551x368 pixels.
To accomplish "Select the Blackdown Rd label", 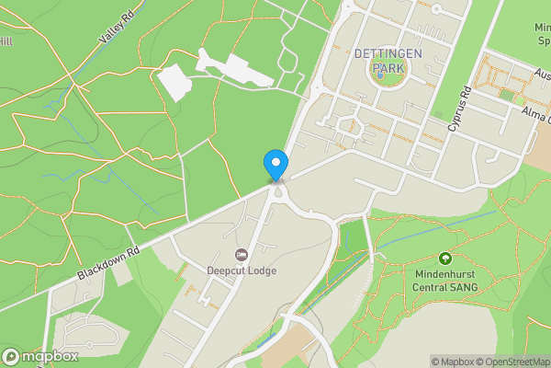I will tap(107, 263).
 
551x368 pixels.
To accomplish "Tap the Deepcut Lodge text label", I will tap(242, 270).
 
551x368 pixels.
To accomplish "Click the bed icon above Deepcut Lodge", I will tap(242, 254).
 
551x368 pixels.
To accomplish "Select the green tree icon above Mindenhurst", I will tap(445, 259).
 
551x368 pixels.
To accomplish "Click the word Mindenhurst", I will tap(445, 273).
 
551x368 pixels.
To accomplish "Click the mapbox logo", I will tap(40, 356).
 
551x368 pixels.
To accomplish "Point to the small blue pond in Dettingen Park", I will tap(379, 75).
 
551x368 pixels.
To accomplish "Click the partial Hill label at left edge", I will tap(6, 41).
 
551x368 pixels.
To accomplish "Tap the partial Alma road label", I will tap(534, 111).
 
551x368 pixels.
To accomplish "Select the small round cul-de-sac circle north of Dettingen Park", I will tap(436, 9).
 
